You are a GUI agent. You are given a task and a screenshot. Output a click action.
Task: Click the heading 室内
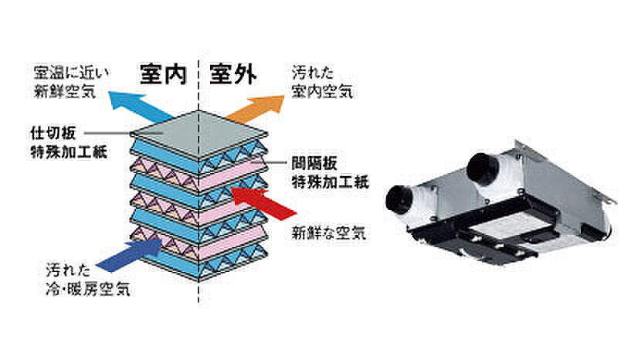click(x=163, y=75)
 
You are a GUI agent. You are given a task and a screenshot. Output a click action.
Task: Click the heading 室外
click(x=232, y=75)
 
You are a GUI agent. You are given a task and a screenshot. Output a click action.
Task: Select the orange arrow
click(x=256, y=107)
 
